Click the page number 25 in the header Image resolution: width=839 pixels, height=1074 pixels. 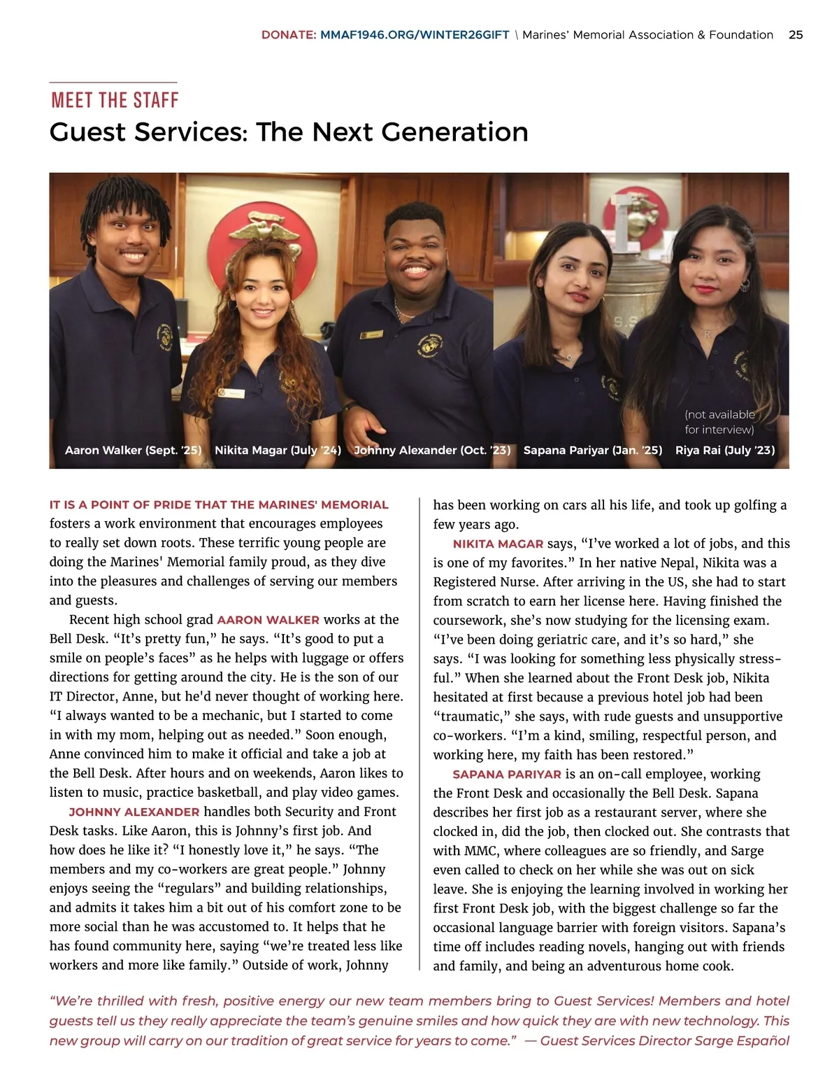pos(796,35)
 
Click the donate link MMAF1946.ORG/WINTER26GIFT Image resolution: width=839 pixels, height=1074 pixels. pos(415,35)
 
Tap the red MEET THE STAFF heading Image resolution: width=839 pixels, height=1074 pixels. pos(115,100)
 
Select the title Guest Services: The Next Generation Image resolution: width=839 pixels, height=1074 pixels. pos(289,132)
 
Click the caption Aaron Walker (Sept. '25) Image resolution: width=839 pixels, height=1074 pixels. pos(133,450)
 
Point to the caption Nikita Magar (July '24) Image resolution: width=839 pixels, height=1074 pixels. pos(278,450)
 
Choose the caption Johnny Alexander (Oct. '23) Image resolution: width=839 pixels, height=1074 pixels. pos(432,450)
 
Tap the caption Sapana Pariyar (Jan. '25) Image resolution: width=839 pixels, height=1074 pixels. pos(592,450)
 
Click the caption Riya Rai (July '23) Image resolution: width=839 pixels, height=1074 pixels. pos(725,450)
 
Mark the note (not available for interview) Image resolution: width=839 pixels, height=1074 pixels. pos(719,422)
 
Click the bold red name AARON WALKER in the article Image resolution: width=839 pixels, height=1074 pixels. pos(268,620)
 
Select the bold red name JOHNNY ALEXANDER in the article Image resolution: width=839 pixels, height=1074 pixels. pos(134,812)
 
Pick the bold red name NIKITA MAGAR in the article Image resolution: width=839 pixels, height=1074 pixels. pos(498,544)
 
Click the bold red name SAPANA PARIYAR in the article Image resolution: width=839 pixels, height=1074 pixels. pos(507,775)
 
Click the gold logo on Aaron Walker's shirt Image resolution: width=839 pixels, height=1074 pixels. pos(165,337)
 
